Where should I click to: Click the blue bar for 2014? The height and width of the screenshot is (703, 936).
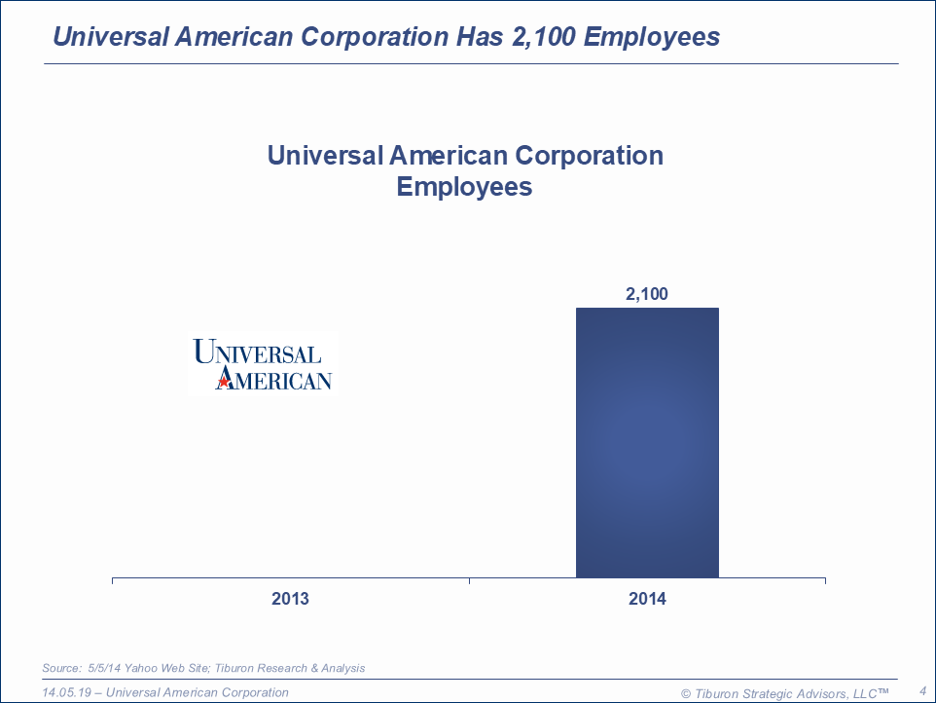tap(647, 443)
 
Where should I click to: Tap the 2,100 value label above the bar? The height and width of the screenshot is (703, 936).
tap(647, 294)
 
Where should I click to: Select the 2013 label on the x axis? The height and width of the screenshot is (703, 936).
tap(290, 599)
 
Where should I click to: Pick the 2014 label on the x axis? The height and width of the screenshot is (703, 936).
tap(647, 599)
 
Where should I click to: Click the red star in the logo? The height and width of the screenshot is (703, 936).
tap(224, 382)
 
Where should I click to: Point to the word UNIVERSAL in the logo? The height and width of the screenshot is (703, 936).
tap(257, 351)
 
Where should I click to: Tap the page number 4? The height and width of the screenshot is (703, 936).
tap(921, 691)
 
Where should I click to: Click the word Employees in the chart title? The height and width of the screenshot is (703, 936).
tap(464, 186)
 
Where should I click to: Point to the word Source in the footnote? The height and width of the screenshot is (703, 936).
tap(60, 668)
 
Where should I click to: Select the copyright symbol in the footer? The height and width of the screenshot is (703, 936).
tap(686, 693)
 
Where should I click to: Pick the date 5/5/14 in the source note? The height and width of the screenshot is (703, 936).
tap(105, 668)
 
